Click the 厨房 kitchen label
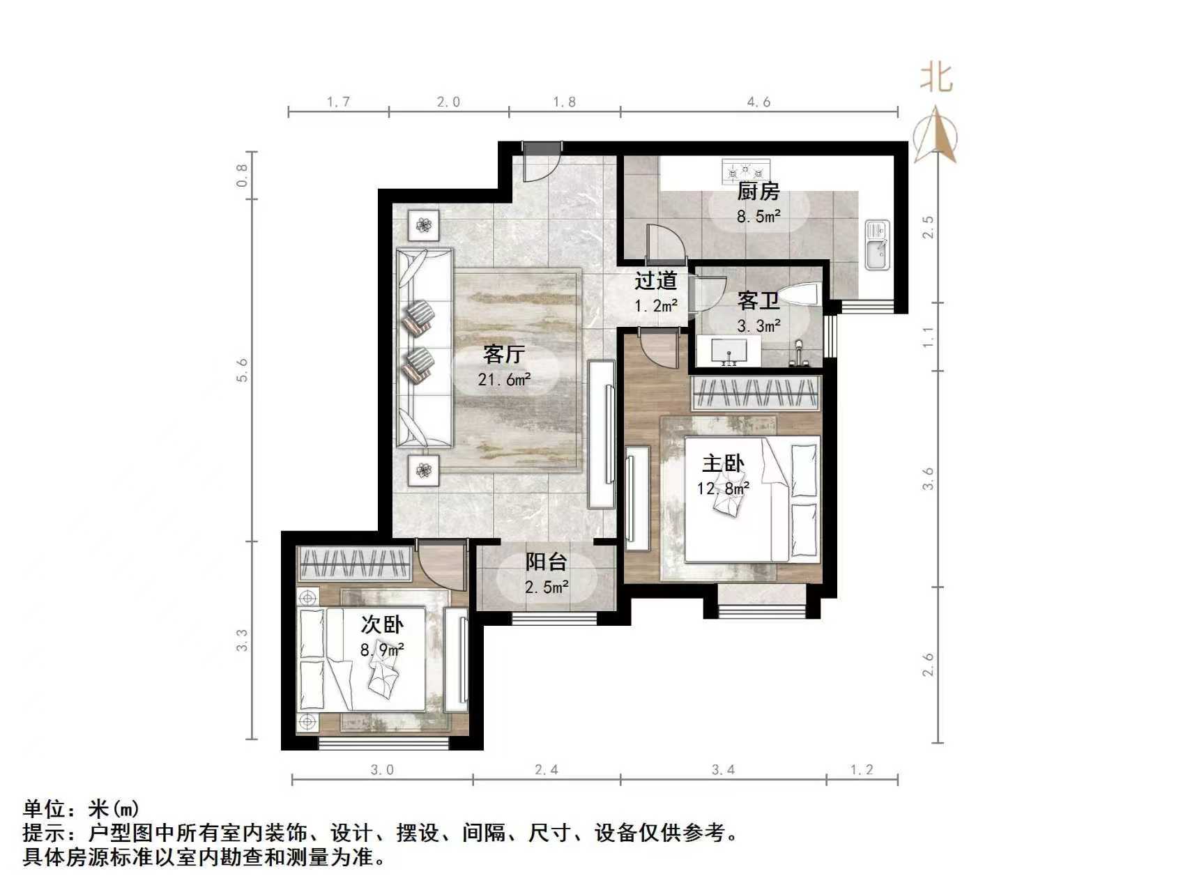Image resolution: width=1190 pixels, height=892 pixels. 758,191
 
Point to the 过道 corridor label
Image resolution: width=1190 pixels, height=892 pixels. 655,281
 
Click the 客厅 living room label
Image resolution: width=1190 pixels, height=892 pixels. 503,355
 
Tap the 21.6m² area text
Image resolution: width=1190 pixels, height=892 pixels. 504,380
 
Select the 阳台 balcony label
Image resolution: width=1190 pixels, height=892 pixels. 546,562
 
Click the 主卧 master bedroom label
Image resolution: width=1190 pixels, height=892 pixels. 722,463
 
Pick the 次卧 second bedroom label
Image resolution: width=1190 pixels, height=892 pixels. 382,624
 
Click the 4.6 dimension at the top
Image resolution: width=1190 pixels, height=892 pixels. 758,102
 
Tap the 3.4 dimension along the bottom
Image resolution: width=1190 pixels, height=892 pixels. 723,770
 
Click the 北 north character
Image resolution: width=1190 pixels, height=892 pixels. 936,77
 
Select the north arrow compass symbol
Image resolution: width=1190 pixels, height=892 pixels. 936,136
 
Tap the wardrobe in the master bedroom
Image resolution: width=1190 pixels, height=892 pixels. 755,394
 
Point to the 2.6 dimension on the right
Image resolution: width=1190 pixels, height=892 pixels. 928,664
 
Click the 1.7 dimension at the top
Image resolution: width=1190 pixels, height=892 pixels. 338,102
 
